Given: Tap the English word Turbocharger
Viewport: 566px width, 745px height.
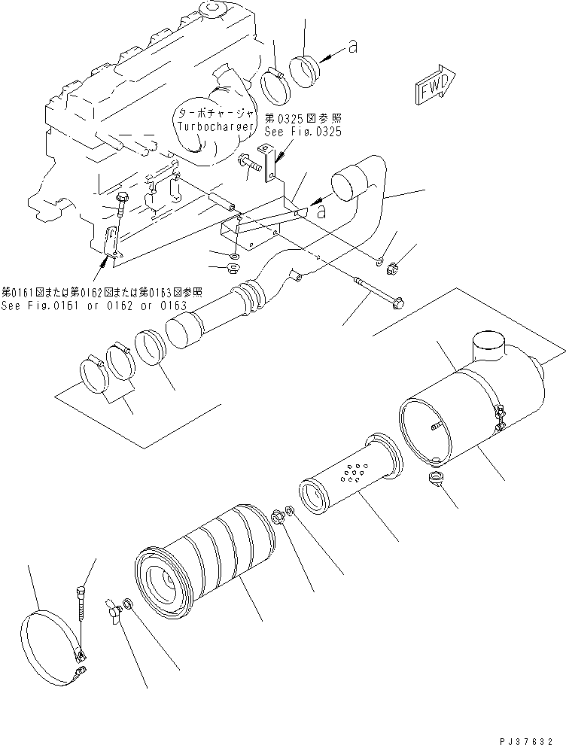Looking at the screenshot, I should point(207,126).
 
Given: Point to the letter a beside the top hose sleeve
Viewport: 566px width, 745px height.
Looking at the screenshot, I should point(351,47).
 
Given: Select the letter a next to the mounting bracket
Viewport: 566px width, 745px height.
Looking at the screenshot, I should point(321,212).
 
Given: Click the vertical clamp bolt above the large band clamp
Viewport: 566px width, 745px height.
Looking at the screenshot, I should point(82,609).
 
